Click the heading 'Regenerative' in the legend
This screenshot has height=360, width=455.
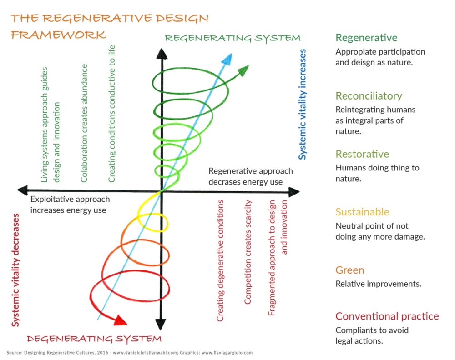[366, 38]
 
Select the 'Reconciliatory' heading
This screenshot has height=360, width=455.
[369, 96]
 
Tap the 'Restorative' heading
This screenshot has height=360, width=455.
[362, 154]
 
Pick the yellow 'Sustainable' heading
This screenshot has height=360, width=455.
[362, 212]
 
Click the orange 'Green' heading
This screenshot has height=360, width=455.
[349, 270]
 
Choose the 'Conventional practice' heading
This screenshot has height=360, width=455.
[387, 316]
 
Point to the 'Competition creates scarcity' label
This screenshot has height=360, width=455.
[248, 258]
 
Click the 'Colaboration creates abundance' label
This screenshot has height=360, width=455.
[84, 123]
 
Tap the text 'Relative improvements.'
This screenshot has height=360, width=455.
[378, 284]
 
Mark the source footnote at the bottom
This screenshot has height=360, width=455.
[130, 352]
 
